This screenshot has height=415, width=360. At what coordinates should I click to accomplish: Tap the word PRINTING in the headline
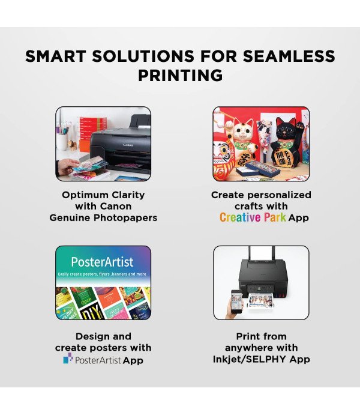pos(180,76)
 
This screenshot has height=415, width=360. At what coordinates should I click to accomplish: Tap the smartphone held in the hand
pos(237,300)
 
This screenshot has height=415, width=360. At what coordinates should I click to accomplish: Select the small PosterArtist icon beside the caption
pos(68,359)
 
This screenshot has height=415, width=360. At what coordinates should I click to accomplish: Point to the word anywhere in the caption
pos(246,348)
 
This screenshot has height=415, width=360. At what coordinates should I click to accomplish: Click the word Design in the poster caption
pos(94,336)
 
